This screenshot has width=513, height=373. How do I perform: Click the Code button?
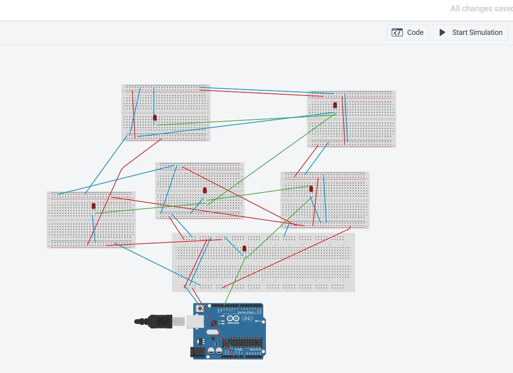pos(408,32)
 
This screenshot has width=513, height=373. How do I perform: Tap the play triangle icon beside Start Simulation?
pos(442,32)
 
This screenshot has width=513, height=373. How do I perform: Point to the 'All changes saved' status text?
pos(481,9)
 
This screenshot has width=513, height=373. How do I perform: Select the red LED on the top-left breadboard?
pos(155,117)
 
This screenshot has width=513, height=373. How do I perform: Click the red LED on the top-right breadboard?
pos(335,105)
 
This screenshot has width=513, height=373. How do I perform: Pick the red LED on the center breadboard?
pos(205,190)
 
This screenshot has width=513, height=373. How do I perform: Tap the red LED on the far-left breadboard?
pos(94,206)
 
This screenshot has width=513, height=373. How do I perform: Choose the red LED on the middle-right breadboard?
pos(311,189)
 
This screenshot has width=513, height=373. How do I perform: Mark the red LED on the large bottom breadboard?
pos(245,248)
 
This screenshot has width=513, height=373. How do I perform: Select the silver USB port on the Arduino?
pos(195,321)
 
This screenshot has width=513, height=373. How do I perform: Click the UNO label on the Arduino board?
pos(248,319)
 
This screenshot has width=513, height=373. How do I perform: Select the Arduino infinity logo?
pos(233,318)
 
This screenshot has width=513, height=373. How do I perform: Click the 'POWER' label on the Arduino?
pos(238,350)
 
